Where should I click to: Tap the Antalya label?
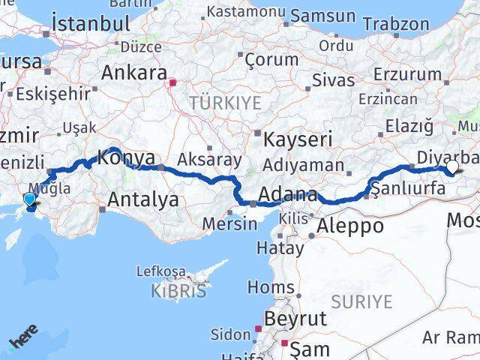point(143,199)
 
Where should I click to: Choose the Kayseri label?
point(298,139)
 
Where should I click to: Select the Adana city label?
point(289,196)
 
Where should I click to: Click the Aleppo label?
point(350,225)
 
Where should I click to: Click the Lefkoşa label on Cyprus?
point(161,270)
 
